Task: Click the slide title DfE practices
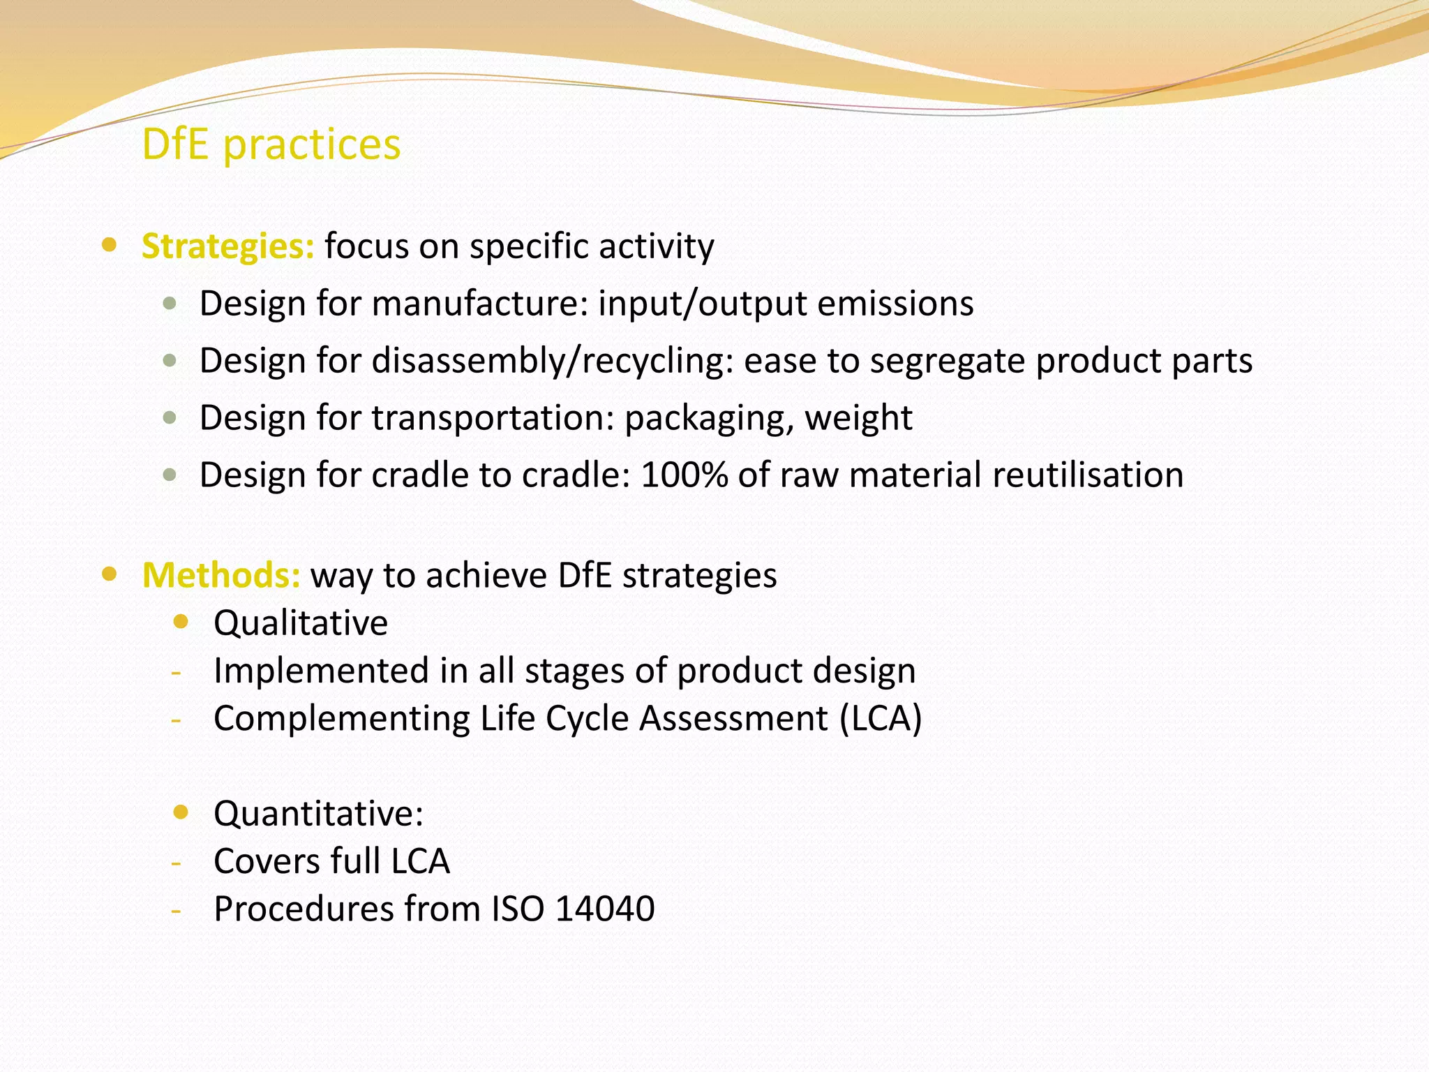tap(271, 144)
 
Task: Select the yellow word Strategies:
tap(228, 246)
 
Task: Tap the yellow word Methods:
tap(221, 576)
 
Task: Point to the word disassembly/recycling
tap(551, 361)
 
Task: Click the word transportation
tap(493, 418)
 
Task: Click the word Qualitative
tap(301, 623)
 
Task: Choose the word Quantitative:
tap(319, 814)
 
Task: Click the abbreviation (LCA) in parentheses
tap(881, 718)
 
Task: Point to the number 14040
tap(605, 909)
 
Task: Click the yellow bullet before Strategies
tap(109, 245)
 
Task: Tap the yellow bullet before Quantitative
tap(181, 812)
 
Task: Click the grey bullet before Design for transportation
tap(170, 418)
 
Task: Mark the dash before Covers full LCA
tap(177, 863)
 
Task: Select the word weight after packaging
tap(858, 418)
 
